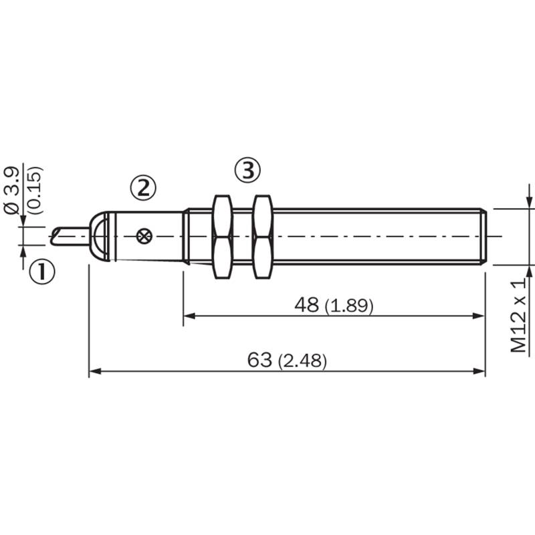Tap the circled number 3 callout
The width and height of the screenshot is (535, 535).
(247, 170)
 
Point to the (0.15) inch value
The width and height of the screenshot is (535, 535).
(35, 190)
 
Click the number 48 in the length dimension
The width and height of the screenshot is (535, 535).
(306, 305)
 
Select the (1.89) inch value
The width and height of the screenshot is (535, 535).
(348, 306)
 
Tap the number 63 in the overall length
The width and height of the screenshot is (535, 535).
(259, 360)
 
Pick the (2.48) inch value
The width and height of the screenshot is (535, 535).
(302, 361)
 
